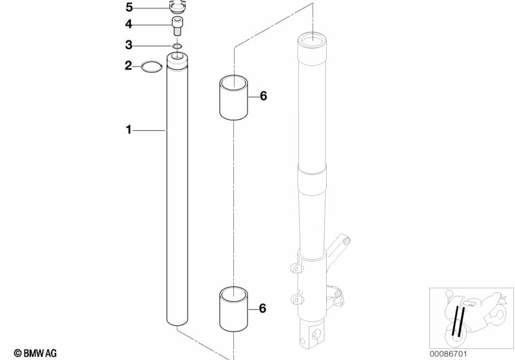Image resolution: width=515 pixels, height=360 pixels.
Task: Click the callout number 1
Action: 128,129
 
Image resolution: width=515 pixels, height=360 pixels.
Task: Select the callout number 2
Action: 128,66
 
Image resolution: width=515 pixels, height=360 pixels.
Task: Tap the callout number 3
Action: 129,45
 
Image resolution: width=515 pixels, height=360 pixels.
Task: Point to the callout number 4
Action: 128,24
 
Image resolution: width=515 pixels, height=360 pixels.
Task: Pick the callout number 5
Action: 129,7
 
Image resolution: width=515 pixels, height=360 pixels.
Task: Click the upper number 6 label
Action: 264,96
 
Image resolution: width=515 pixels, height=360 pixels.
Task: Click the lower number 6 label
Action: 262,308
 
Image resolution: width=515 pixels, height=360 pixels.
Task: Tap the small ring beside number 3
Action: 177,46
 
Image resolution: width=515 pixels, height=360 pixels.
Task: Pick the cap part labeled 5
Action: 177,7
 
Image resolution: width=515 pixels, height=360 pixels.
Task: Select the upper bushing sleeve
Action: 233,97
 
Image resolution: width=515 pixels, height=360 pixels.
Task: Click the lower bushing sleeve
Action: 233,309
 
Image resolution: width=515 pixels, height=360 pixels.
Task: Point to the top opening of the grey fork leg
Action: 312,41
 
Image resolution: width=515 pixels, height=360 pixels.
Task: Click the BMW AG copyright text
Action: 35,353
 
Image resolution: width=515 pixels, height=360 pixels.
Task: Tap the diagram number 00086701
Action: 448,354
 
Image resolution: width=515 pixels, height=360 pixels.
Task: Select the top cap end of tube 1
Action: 177,60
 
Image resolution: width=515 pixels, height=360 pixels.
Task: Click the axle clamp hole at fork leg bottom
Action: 316,334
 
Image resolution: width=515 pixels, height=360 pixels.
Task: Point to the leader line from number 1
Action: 149,131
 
